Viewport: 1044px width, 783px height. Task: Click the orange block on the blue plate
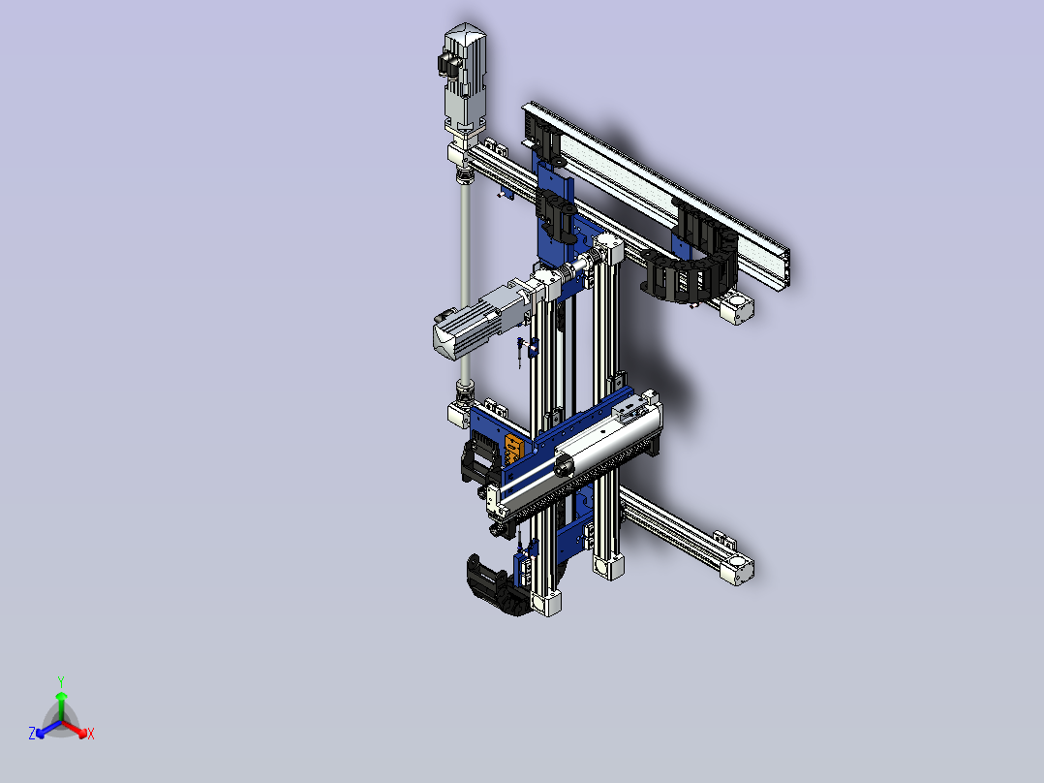pos(513,450)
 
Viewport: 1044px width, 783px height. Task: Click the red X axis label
pos(91,734)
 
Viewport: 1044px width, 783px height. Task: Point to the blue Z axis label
pos(32,734)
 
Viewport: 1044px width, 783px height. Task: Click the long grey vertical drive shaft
pos(466,280)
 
